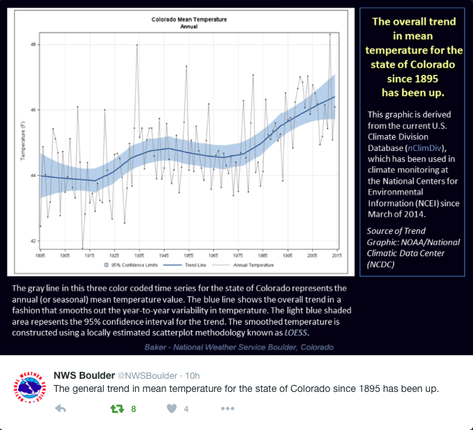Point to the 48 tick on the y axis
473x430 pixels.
(x=33, y=44)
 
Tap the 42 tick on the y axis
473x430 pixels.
(x=33, y=241)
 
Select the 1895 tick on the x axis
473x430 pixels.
(x=40, y=255)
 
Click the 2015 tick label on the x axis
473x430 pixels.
(x=337, y=255)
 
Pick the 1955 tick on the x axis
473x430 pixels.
(x=188, y=255)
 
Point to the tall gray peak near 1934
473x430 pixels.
(x=137, y=45)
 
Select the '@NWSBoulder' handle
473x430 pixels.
(x=147, y=375)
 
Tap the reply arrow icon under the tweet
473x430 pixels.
(x=60, y=409)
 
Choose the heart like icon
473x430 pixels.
(x=172, y=409)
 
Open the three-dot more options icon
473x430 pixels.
(x=227, y=409)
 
